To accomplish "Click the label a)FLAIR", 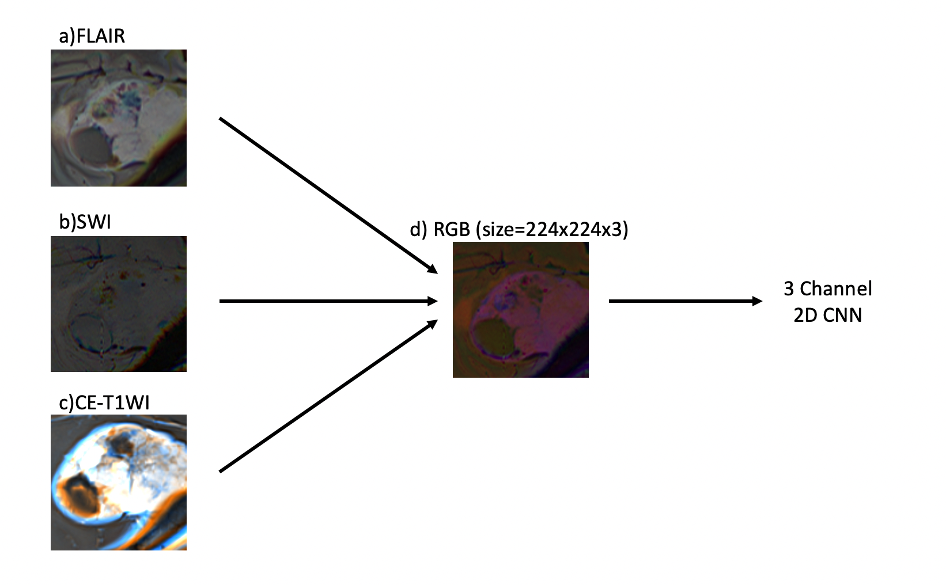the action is coord(92,36).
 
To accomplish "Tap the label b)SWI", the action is coord(85,222).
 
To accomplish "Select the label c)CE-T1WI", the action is coord(104,402).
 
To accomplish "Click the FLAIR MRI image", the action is coord(119,118).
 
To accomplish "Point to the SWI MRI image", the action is coord(119,304).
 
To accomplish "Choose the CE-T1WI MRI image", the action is coord(119,483).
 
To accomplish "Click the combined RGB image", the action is coord(521,310).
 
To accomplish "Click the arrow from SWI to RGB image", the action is coord(328,301).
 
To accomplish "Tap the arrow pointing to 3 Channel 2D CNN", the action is coord(685,301).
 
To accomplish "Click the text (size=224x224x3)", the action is coord(552,229).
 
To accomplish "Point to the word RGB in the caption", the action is coord(452,229).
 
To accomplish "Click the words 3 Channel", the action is coord(828,288).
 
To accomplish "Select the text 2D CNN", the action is coord(828,315).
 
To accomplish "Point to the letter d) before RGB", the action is coord(418,229).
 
